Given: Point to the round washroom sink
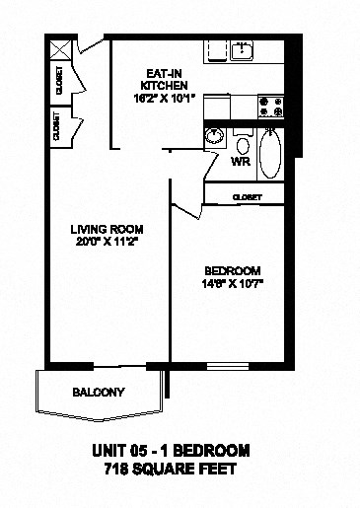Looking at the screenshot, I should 212,137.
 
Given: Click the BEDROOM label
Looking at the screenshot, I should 232,271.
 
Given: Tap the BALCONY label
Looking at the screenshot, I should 100,392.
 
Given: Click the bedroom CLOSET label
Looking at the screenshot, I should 246,197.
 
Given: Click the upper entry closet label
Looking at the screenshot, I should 59,79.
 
